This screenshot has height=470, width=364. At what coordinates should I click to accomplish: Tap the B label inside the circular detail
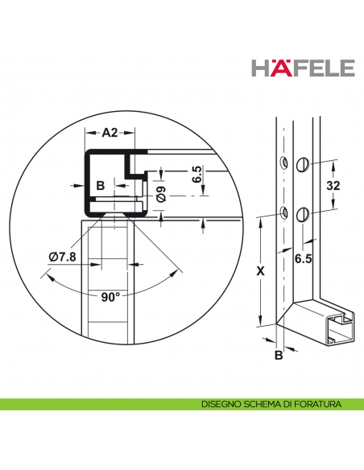100,186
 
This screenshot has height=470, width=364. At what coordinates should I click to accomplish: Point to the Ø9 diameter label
162,193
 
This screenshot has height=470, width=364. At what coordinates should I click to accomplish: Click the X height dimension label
259,271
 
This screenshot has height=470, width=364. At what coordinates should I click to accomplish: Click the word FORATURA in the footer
317,403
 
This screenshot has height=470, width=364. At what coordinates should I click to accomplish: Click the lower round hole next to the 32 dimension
303,214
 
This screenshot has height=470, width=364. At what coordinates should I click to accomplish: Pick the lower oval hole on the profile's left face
283,213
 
